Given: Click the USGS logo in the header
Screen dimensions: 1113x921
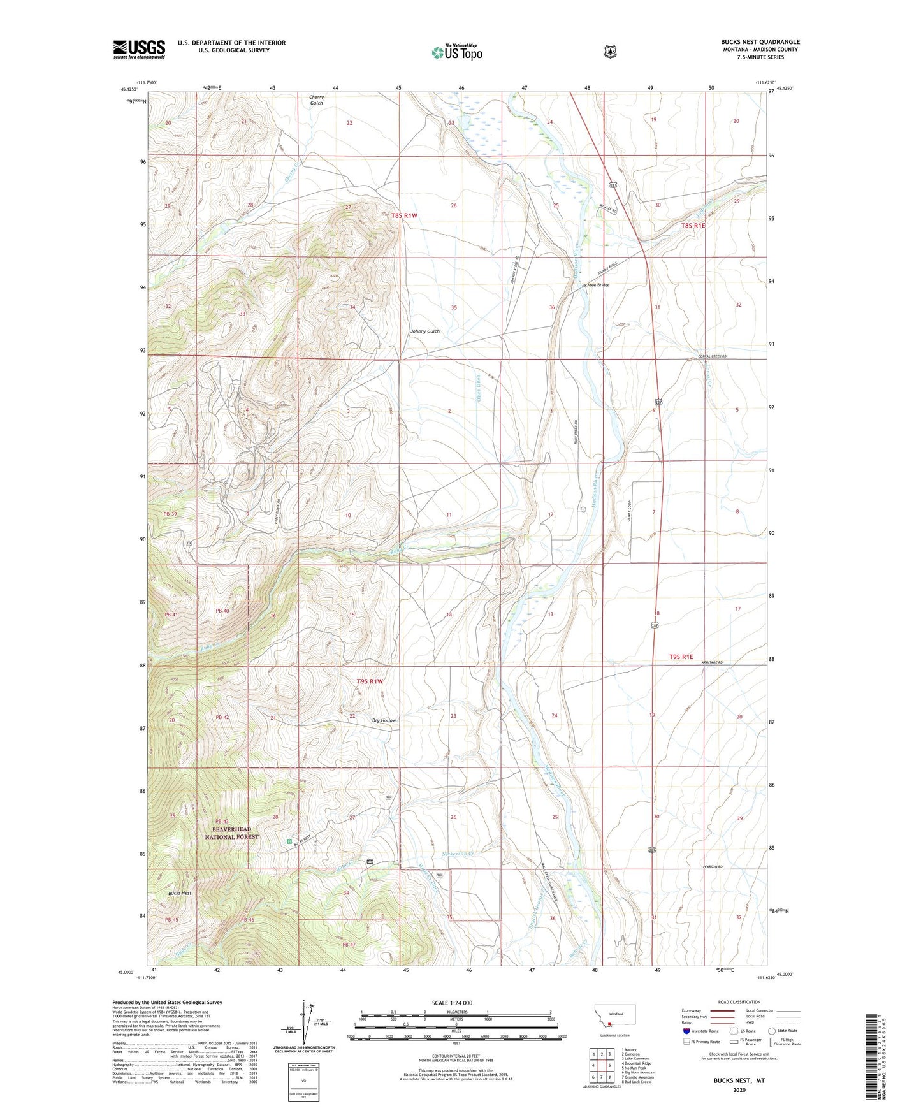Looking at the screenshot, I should (x=139, y=49).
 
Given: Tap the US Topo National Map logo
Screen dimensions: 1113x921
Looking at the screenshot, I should (x=456, y=52).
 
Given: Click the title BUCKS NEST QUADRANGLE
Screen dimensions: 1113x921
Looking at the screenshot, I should (x=760, y=42).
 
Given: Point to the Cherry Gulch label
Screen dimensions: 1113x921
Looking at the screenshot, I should (x=317, y=100).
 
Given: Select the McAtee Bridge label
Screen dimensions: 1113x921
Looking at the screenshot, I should (x=595, y=285).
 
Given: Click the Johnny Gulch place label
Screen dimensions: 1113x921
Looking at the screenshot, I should (x=424, y=331).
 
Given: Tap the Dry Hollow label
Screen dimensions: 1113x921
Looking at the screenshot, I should (x=384, y=720).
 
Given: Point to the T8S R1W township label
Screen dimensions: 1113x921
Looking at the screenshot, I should (x=404, y=215).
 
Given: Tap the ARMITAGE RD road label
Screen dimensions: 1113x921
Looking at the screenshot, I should (x=711, y=663).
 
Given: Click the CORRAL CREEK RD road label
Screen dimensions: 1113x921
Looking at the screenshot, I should (x=712, y=356).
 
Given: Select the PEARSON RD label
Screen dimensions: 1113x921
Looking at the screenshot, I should (x=712, y=867).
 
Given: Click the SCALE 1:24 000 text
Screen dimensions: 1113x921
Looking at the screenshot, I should (x=452, y=1003).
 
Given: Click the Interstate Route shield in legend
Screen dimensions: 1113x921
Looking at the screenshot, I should (x=686, y=1031).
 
